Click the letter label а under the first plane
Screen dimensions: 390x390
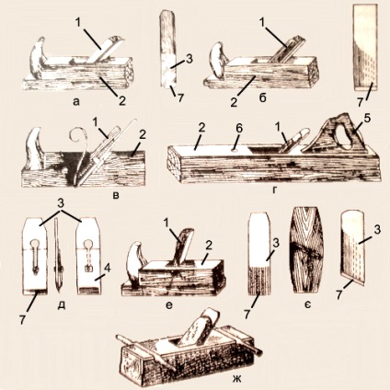tap(76, 101)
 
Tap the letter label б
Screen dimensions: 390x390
tap(262, 98)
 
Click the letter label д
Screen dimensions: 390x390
tap(62, 305)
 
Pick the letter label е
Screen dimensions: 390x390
tap(169, 305)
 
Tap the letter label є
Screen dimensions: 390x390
tap(308, 305)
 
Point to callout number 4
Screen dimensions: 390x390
tap(108, 269)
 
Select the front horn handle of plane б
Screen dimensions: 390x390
tap(217, 61)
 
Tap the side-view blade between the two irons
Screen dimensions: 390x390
tap(58, 255)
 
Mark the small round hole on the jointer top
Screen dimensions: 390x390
tap(235, 151)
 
